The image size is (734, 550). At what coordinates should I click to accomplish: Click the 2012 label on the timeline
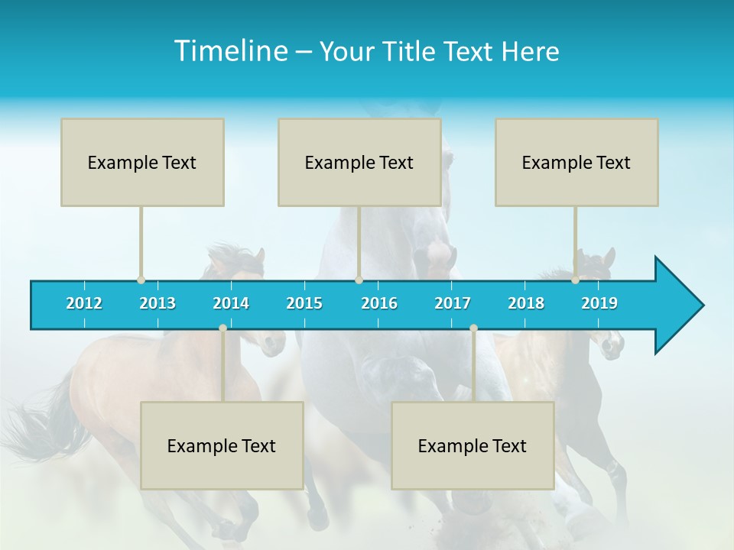pos(84,303)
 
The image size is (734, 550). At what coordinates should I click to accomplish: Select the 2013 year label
pos(158,303)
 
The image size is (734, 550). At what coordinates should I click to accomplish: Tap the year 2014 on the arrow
pos(231,303)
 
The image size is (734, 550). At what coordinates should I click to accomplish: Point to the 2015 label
pos(304,303)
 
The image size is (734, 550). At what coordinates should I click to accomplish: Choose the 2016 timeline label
pos(379,303)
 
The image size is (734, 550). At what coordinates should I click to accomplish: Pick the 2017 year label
pos(453,303)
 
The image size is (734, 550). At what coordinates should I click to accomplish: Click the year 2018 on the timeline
pos(526,303)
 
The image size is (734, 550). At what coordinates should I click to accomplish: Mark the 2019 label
pos(599,303)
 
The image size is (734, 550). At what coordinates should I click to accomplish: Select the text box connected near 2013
pos(142,162)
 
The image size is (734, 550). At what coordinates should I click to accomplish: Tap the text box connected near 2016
pos(359,162)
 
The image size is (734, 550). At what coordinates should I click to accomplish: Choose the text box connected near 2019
pos(576,162)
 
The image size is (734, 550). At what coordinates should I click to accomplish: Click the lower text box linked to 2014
pos(222,445)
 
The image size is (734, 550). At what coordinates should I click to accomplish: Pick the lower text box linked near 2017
pos(473,445)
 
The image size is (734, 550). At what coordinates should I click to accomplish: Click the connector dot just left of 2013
pos(141,280)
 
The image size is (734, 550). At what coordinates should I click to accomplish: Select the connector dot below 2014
pos(222,328)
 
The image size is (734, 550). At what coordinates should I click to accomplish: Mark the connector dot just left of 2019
pos(576,280)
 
